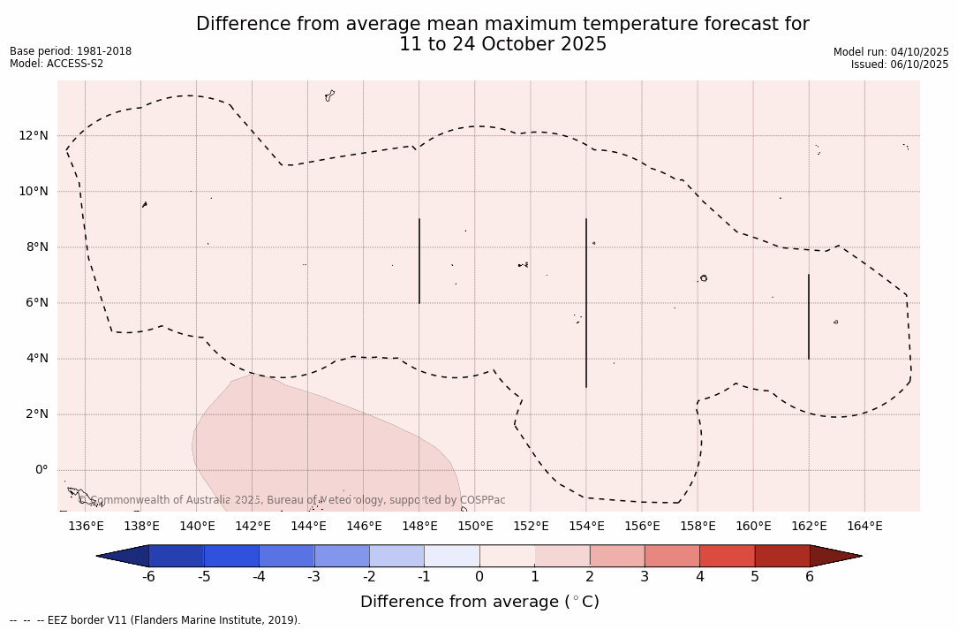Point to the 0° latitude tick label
click(41, 470)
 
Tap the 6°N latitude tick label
click(35, 303)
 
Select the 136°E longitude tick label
click(86, 527)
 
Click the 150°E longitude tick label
click(475, 527)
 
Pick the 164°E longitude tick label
click(864, 527)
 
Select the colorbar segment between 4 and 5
click(727, 556)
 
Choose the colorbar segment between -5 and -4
click(231, 556)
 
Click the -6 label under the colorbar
click(148, 577)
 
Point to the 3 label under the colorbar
click(645, 577)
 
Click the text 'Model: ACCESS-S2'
click(57, 64)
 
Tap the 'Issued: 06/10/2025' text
click(900, 65)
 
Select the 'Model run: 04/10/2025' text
click(891, 52)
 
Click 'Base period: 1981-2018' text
click(71, 51)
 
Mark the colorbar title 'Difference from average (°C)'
click(479, 603)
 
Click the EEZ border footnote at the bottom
click(155, 620)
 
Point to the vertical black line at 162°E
click(809, 316)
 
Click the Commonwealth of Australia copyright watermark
click(291, 500)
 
